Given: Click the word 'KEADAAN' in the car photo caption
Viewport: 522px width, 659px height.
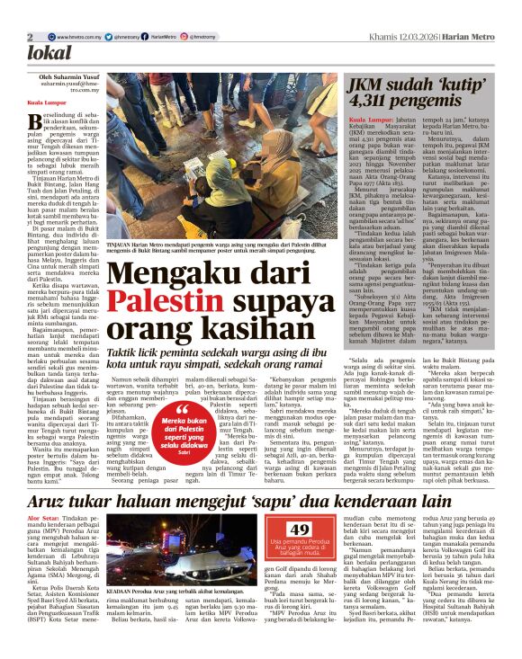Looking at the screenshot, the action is (x=123, y=606).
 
